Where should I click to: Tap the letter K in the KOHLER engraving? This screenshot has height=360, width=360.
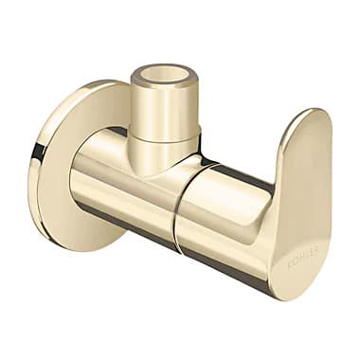pyautogui.click(x=291, y=264)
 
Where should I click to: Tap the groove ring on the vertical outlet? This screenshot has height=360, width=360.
pyautogui.click(x=164, y=138)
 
